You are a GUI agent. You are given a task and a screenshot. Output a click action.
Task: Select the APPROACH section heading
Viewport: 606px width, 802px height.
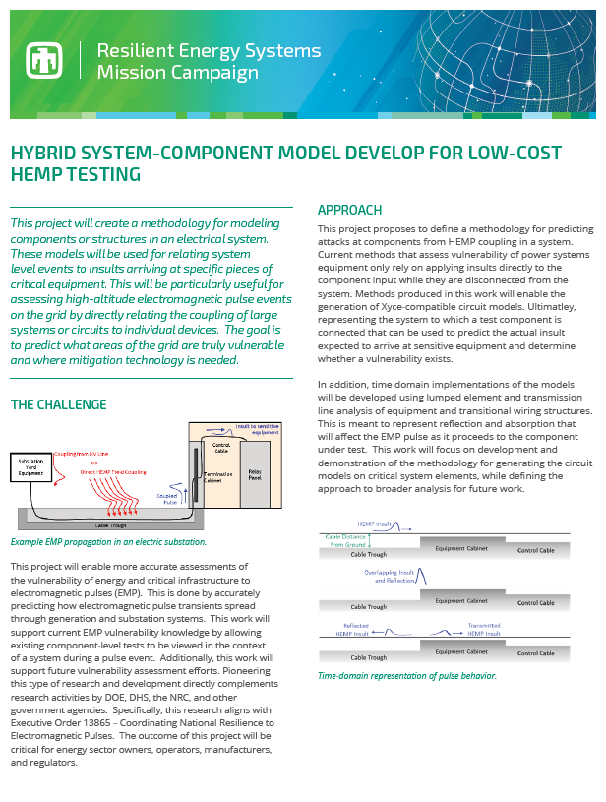(349, 210)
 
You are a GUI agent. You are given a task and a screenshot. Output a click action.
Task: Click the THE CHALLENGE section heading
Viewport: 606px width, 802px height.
(58, 404)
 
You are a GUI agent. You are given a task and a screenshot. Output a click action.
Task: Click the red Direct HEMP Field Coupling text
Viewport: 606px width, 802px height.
(113, 472)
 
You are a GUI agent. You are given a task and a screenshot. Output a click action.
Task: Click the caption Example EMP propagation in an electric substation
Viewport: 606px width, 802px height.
(108, 542)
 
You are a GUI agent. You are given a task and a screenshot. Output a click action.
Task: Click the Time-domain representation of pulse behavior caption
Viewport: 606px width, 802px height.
(407, 676)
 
